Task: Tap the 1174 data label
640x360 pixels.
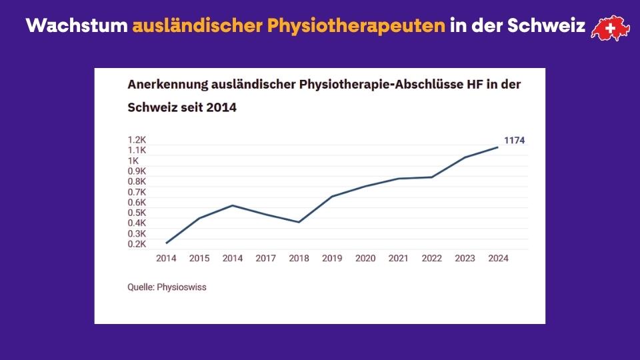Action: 515,140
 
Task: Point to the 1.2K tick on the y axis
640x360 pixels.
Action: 137,140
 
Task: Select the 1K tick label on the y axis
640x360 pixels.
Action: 133,161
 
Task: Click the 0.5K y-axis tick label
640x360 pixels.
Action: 137,213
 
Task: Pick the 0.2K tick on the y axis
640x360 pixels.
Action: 137,244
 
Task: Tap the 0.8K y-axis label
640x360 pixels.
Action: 137,181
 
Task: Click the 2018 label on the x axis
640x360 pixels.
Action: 299,258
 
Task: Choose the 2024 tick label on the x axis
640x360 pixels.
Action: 498,258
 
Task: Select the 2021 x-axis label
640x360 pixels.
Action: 398,258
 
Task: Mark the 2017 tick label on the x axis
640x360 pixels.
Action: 265,258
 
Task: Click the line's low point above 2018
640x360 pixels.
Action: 299,222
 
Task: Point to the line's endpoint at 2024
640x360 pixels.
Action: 497,147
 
